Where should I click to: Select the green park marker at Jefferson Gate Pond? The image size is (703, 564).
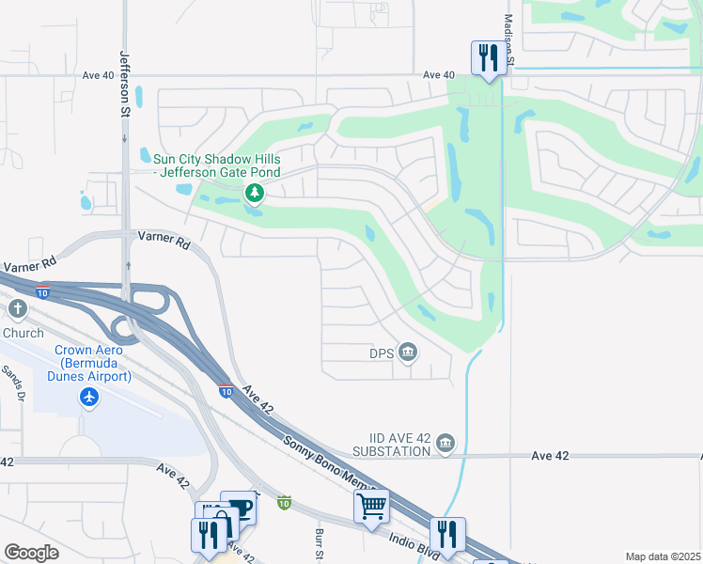tap(254, 194)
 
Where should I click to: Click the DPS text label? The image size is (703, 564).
tap(381, 353)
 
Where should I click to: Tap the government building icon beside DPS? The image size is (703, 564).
tap(408, 352)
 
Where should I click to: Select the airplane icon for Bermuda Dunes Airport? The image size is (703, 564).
tap(89, 398)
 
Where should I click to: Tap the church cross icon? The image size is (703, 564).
tap(18, 309)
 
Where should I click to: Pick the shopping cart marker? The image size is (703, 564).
tap(371, 506)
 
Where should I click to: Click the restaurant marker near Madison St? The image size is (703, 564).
tap(488, 57)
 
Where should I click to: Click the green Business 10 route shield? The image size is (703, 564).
tap(284, 504)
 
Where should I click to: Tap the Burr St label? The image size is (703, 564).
tap(318, 540)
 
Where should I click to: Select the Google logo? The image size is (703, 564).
tap(31, 553)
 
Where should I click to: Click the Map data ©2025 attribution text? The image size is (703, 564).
tap(663, 556)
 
